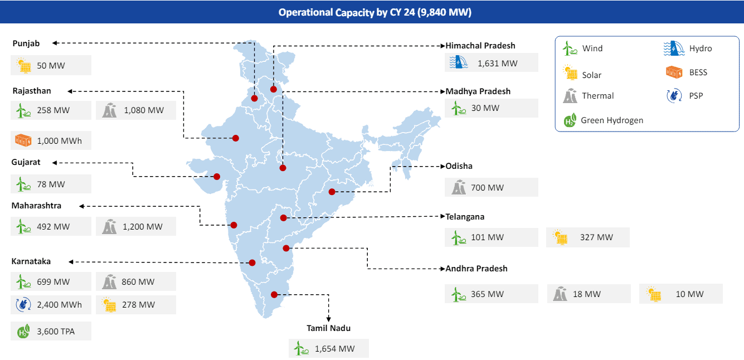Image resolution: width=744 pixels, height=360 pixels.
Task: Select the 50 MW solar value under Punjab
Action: point(51,66)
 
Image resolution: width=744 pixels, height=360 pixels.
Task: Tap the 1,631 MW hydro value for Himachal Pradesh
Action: point(497,64)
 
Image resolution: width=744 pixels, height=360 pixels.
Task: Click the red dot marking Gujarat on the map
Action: point(217,177)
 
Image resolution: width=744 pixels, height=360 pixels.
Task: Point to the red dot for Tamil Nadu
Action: point(274,295)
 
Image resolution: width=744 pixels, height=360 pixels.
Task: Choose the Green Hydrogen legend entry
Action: point(611,120)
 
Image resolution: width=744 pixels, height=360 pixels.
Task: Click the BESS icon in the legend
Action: point(674,72)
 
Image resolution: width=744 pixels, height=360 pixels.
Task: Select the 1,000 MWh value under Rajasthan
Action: point(59,141)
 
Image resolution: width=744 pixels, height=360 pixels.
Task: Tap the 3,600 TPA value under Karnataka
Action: point(56,332)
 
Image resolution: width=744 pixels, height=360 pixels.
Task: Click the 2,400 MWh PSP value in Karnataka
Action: point(59,305)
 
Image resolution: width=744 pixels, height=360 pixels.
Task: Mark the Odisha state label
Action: point(459,166)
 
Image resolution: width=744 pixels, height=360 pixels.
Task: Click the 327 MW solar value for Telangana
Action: point(596,237)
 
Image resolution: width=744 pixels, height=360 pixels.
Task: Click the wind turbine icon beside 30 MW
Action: point(458,108)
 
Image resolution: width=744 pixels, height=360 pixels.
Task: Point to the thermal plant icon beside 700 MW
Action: point(459,187)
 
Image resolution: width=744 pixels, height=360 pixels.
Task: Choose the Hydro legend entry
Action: point(700,48)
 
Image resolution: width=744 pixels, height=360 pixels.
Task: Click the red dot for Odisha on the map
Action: point(332,192)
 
